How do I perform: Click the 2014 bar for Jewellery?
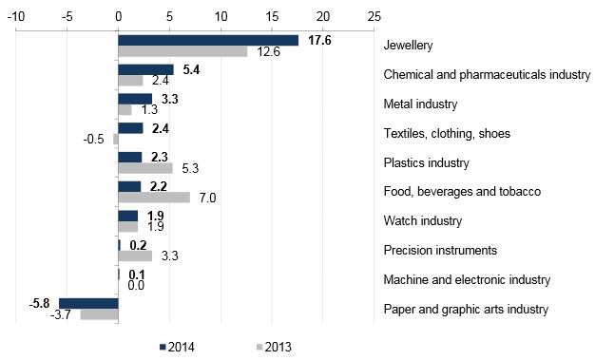coord(208,41)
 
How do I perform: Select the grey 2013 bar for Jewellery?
coord(182,51)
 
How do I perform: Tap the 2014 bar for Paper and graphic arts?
coord(88,303)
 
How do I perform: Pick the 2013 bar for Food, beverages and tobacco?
coord(154,198)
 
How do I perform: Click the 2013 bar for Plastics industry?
coord(145,168)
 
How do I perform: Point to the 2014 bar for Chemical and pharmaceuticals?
coord(146,69)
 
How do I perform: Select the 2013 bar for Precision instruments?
coord(135,256)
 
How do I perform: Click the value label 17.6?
coord(319,40)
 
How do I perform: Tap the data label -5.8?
coord(40,303)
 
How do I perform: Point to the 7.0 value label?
coord(207,198)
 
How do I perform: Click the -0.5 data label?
coord(93,140)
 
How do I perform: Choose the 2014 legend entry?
coord(177,347)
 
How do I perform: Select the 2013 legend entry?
coord(274,347)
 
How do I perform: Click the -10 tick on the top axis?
coord(16,16)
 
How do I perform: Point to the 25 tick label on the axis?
coord(374,16)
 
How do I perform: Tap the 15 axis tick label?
coord(272,16)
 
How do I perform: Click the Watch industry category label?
coord(423,220)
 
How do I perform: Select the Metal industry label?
coord(420,104)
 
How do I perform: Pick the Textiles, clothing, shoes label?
coord(447,134)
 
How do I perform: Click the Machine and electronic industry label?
coord(467,279)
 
